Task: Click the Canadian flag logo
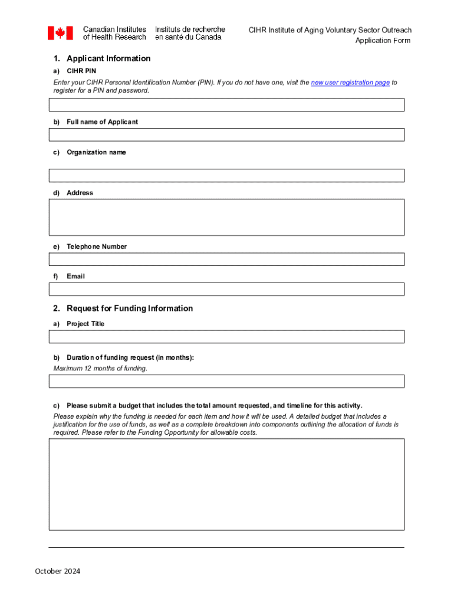[60, 33]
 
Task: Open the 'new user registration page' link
[350, 83]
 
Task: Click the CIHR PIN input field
[226, 105]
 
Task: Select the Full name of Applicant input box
[226, 135]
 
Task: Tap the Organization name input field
[226, 176]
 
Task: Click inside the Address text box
[226, 217]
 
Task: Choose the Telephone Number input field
[226, 260]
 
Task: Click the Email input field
[226, 289]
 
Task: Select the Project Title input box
[226, 336]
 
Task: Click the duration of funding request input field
[226, 381]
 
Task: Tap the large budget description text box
[226, 484]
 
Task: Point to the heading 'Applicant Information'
[108, 58]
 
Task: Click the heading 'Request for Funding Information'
[130, 308]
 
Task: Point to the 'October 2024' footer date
[58, 571]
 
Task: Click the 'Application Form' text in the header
[382, 41]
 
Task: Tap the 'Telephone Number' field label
[97, 247]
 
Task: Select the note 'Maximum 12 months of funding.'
[100, 369]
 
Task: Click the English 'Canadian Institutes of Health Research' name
[114, 33]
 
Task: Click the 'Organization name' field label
[96, 152]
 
